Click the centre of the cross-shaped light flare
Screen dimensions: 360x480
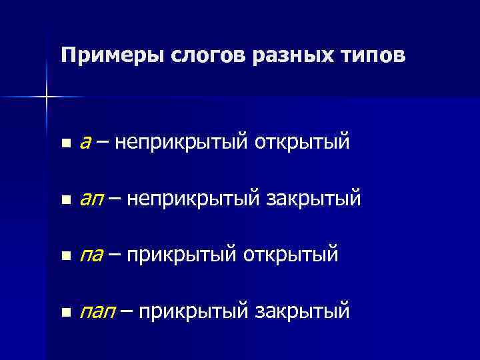tap(47, 97)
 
